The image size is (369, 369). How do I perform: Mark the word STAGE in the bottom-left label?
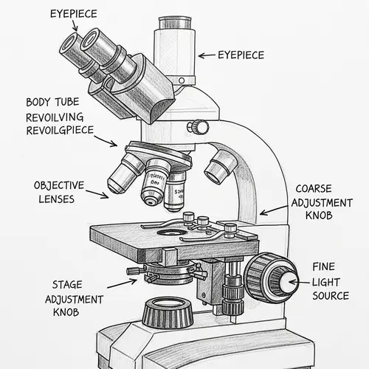coord(68,283)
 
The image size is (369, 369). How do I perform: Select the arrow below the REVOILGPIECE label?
coord(107,142)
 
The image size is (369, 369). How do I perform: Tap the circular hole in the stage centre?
coord(171,232)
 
